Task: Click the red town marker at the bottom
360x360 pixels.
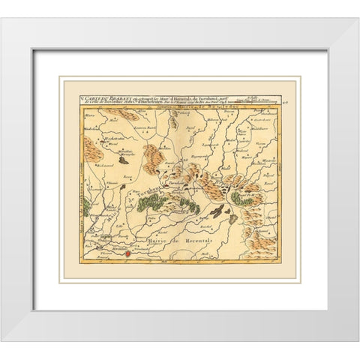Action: pos(127,254)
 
